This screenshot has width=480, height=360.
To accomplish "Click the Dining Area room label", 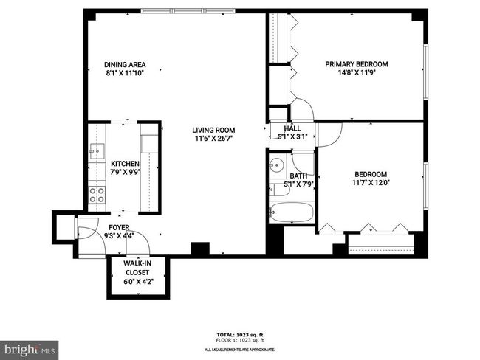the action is click(125, 65).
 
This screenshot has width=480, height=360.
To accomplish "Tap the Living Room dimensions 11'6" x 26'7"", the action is click(213, 139).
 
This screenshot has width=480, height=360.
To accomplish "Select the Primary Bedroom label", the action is click(357, 64).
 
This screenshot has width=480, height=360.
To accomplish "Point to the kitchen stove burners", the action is click(97, 195).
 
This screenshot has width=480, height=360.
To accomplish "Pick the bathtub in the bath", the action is click(292, 212).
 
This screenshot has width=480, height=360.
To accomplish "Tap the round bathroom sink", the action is click(278, 166).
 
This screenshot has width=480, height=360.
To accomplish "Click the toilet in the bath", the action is click(279, 190).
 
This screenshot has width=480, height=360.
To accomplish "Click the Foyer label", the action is click(119, 227).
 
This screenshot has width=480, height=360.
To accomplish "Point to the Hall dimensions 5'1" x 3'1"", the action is click(292, 136).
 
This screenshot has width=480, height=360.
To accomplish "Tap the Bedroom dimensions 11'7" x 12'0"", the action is click(371, 183).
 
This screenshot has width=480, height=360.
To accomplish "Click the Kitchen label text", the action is click(125, 164).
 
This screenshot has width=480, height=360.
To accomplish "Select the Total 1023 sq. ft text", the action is click(240, 335).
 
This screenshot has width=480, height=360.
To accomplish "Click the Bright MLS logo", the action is click(29, 350).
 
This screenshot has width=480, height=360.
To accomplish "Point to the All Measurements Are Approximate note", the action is click(240, 350).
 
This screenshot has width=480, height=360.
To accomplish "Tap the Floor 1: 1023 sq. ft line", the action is click(240, 340).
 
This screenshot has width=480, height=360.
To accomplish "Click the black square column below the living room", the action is click(200, 249).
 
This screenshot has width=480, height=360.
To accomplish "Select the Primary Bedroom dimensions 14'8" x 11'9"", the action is click(357, 73).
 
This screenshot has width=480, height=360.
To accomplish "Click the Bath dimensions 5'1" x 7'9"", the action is click(298, 184).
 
